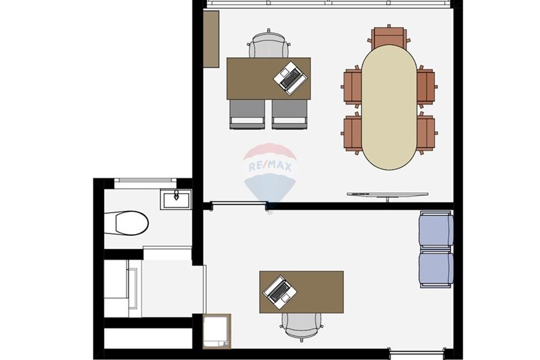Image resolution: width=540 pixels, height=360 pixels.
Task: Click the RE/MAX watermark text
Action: click(270, 167)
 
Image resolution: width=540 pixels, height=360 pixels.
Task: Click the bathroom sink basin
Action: click(175, 199)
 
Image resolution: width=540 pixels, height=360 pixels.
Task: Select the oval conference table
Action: click(389, 107)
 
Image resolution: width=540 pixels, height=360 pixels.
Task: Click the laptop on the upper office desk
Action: click(291, 78)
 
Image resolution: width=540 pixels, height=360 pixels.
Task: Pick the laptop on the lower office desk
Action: click(280, 292)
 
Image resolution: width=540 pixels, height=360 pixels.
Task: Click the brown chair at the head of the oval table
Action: click(389, 37)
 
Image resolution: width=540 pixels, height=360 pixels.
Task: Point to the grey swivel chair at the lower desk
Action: click(302, 327)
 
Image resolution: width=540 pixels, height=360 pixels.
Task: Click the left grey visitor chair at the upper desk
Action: click(247, 114)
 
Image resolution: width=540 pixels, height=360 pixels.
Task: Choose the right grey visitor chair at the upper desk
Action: click(289, 114)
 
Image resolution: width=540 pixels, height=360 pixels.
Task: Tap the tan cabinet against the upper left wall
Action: click(211, 39)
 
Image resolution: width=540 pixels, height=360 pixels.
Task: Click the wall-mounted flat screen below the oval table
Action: click(388, 195)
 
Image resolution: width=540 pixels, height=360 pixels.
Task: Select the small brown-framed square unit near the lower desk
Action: click(217, 331)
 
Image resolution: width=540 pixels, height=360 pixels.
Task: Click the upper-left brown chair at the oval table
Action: click(352, 86)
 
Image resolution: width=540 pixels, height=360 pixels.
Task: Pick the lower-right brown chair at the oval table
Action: click(427, 133)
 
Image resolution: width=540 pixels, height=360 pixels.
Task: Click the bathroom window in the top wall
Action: click(145, 180)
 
